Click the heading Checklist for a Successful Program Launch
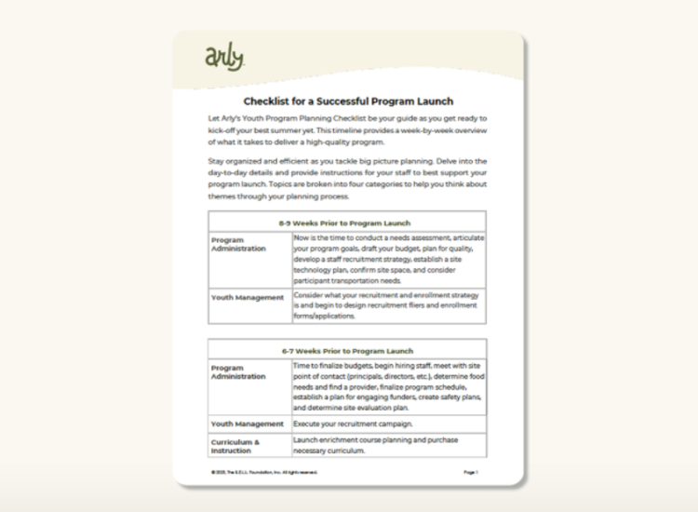(348, 101)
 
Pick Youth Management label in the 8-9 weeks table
(247, 298)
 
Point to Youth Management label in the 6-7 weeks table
(247, 424)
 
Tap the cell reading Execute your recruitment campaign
(353, 424)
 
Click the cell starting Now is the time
(387, 259)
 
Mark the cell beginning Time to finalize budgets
(387, 386)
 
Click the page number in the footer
(470, 472)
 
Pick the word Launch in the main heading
(436, 101)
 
